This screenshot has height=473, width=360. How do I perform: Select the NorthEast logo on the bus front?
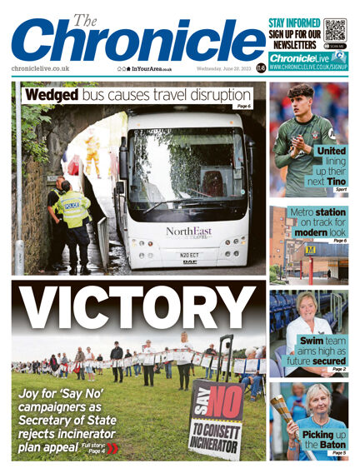coord(188,232)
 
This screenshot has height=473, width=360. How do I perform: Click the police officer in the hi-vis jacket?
coord(72,216)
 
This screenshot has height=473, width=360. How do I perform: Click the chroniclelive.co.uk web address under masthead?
coord(41,68)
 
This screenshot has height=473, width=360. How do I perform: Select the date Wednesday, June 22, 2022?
coord(223,68)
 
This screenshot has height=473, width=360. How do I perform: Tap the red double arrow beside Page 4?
coord(113,449)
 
